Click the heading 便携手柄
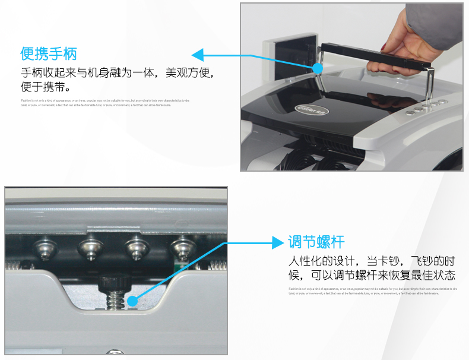[49, 54]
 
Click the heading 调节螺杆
[316, 242]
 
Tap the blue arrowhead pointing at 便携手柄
[198, 55]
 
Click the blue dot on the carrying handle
[318, 68]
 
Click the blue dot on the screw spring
[132, 301]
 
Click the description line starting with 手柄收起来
[116, 74]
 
